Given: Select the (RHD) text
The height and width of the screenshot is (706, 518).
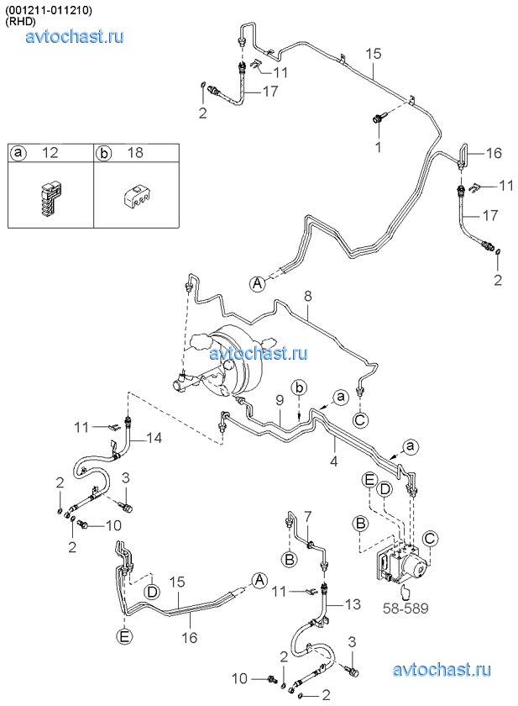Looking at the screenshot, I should point(22,22).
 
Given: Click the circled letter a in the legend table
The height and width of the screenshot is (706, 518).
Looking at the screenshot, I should point(18,153).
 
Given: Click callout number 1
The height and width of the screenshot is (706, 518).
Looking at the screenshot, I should point(378,147).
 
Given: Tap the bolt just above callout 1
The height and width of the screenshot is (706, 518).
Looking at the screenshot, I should point(378,121).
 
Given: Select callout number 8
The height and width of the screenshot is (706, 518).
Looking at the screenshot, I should point(308,296).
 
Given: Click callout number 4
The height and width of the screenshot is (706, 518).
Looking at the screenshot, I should point(333,461).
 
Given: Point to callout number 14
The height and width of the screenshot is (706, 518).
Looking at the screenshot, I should point(153,437).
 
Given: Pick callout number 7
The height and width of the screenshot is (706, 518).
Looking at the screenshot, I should point(307,515).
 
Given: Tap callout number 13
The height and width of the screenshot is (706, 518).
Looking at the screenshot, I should point(351,604).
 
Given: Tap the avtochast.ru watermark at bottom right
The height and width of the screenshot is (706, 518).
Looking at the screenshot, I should point(441,669).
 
